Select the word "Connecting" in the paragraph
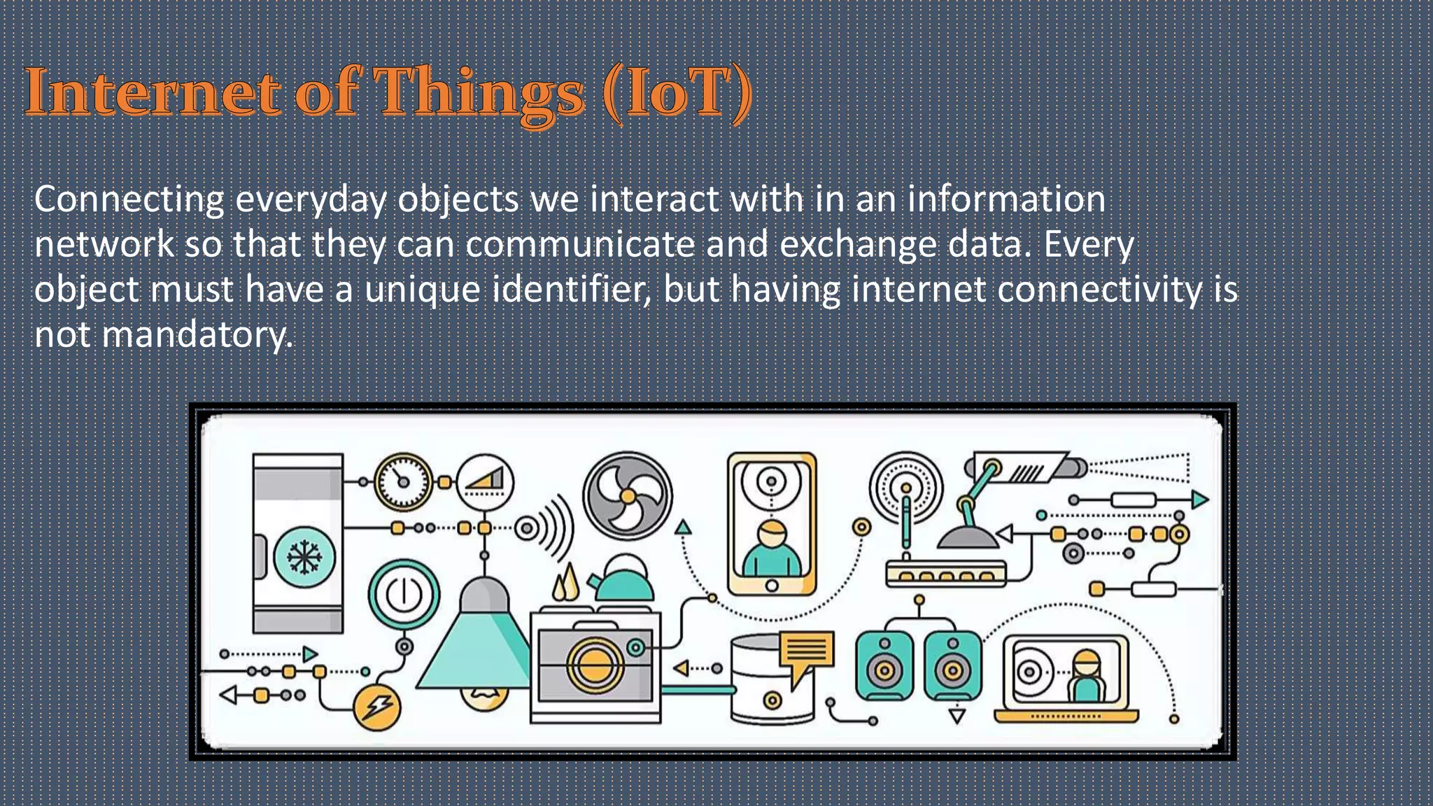click(129, 200)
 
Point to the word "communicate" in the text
click(580, 245)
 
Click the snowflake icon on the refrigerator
click(304, 558)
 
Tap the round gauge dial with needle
click(403, 481)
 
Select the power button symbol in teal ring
click(404, 594)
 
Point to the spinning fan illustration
click(628, 495)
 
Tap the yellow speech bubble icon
click(807, 652)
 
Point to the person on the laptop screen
click(1086, 676)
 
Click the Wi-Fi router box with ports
click(945, 573)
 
